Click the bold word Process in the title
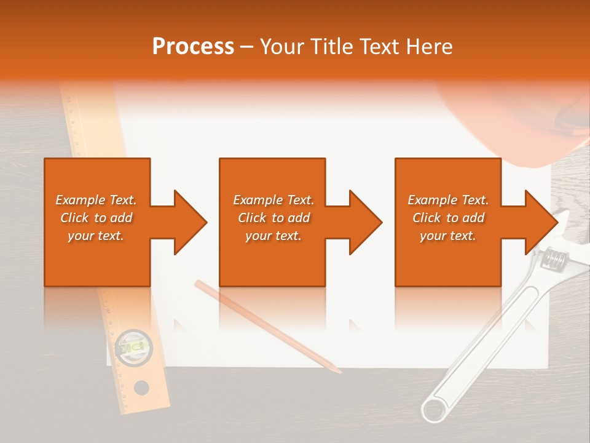click(193, 47)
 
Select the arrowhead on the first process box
click(188, 222)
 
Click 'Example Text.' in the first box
click(96, 200)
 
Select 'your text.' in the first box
click(96, 236)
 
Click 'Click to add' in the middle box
click(273, 218)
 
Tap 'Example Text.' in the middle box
click(273, 200)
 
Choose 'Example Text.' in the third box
click(448, 200)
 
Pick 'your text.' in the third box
click(448, 236)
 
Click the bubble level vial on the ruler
click(130, 345)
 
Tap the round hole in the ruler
click(141, 388)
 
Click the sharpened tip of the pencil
click(337, 371)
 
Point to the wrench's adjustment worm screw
click(555, 258)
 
